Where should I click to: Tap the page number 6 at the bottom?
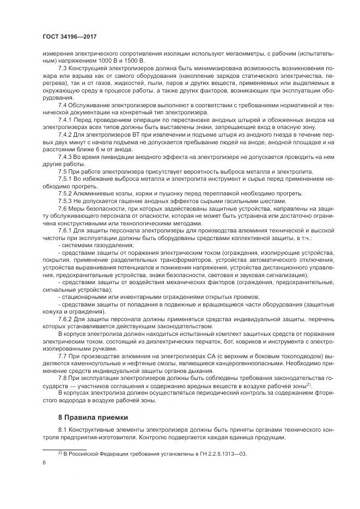(44, 462)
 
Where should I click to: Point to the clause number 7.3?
(63, 68)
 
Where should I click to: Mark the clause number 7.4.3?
(65, 156)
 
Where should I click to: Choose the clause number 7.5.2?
(65, 193)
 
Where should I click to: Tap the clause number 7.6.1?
(65, 231)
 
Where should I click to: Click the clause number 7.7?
(63, 355)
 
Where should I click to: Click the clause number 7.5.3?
(65, 200)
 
